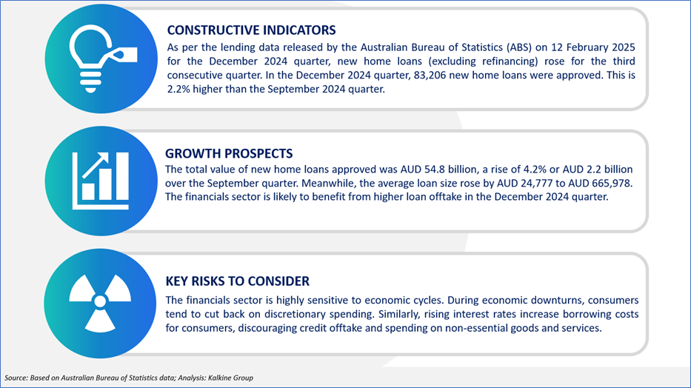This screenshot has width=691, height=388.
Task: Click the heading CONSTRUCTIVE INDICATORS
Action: [x=251, y=30]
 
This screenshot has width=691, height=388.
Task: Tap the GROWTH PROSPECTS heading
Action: [x=229, y=153]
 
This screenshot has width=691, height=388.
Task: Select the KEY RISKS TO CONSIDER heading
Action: [x=238, y=281]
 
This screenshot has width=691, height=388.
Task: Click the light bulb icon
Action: [x=103, y=58]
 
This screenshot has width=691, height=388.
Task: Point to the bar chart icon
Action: [x=101, y=181]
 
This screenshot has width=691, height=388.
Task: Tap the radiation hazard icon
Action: [x=100, y=303]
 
